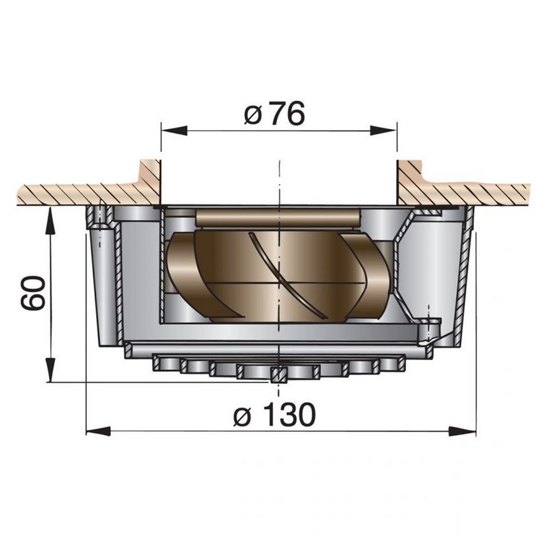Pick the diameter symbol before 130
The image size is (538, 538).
(x=243, y=417)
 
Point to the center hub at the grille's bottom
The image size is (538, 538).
(x=276, y=375)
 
